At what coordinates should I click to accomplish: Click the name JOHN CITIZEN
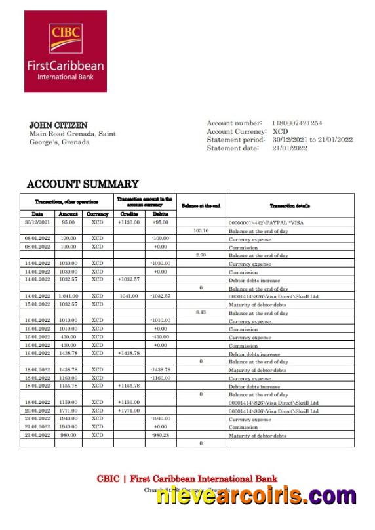[58, 125]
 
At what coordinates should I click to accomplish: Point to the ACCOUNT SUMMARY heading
[83, 184]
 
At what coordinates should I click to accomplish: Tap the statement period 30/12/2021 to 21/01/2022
[313, 140]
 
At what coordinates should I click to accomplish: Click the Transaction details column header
[290, 206]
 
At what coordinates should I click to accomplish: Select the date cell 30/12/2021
[36, 222]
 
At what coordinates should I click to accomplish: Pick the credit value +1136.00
[129, 222]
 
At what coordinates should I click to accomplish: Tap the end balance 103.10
[201, 231]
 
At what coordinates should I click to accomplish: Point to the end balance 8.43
[201, 312]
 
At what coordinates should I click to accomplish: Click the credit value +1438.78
[129, 353]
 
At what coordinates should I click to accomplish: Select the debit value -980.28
[161, 436]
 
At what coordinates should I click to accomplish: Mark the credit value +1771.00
[129, 411]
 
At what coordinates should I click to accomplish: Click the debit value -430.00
[161, 337]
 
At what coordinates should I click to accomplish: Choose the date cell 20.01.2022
[36, 411]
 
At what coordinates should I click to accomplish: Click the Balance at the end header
[201, 206]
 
